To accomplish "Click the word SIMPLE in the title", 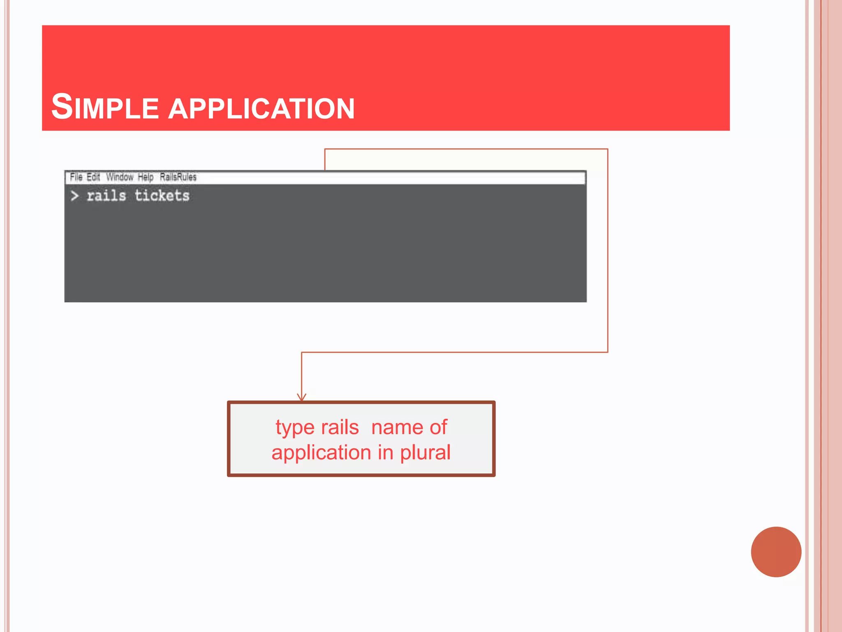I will (105, 107).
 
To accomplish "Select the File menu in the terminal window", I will (76, 177).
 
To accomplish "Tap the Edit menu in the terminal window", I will (93, 177).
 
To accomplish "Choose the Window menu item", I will (120, 177).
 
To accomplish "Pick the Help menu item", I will (146, 177).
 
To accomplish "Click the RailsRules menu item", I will (178, 177).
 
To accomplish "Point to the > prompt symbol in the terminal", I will (74, 196).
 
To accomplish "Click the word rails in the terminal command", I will (106, 195).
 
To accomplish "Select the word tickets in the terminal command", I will (162, 195).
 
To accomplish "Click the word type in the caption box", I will (295, 428).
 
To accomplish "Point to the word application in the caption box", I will (321, 453).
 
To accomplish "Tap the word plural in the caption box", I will (425, 453).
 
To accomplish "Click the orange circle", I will (776, 552).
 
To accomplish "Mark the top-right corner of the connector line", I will (608, 149).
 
